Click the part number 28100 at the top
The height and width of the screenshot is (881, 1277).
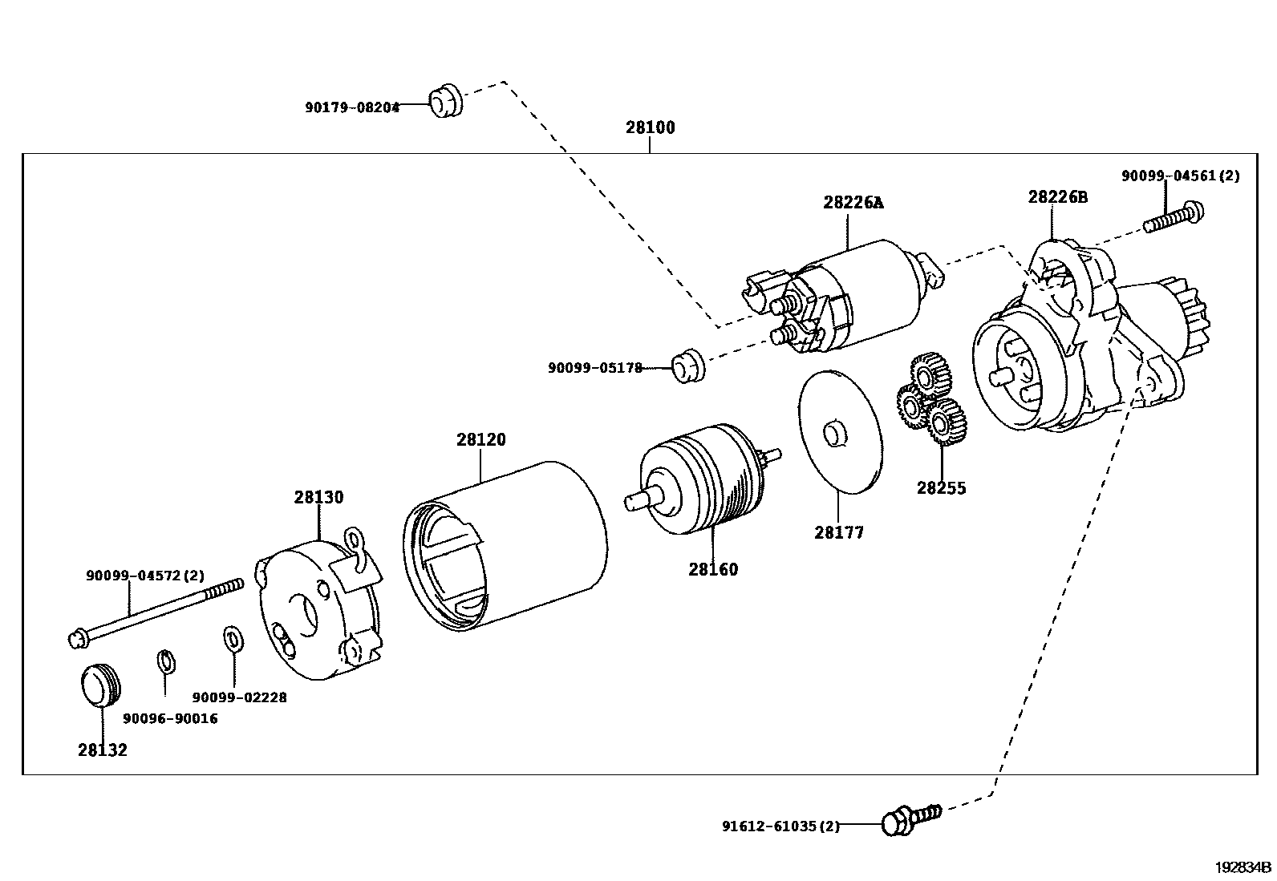coord(651,127)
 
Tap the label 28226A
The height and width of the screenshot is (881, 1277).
coord(853,202)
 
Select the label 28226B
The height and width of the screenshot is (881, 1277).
coord(1058,196)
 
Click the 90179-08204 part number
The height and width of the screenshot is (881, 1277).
coord(352,107)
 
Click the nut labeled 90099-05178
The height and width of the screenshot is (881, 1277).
coord(686,366)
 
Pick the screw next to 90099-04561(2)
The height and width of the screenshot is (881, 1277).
coord(1174,218)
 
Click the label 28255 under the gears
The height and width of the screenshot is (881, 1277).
coord(942,487)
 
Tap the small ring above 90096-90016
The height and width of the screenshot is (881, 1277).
coord(165,662)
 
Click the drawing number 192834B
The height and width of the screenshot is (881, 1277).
coord(1243,867)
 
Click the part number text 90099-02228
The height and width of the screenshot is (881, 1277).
coord(239,697)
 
